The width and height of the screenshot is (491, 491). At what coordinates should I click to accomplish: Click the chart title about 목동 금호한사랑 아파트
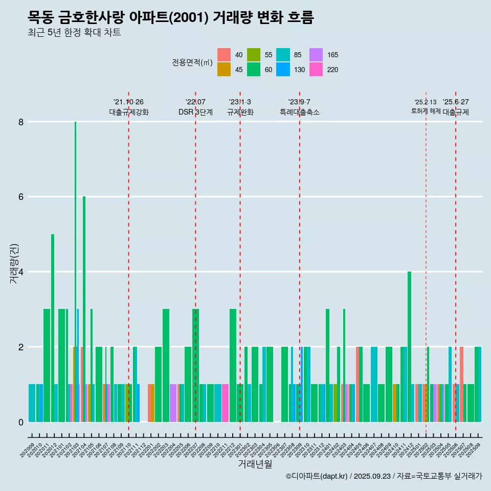click(x=170, y=18)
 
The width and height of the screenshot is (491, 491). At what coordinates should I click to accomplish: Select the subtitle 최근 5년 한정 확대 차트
click(x=75, y=33)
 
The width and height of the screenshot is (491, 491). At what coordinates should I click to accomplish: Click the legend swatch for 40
click(x=224, y=55)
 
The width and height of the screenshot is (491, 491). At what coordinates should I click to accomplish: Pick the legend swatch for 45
click(x=224, y=70)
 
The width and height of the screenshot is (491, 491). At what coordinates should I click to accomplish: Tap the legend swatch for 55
click(x=254, y=55)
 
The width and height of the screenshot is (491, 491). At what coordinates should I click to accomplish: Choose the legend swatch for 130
click(x=283, y=70)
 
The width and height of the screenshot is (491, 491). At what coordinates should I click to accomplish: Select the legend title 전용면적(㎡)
click(x=192, y=62)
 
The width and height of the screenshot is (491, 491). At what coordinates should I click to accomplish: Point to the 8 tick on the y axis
click(x=21, y=122)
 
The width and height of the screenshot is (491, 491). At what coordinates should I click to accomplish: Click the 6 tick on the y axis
click(x=21, y=197)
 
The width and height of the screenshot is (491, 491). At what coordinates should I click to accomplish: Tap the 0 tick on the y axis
click(x=21, y=422)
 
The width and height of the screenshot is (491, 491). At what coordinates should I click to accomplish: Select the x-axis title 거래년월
click(x=255, y=464)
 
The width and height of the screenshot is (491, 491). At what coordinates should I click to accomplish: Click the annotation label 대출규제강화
click(x=129, y=112)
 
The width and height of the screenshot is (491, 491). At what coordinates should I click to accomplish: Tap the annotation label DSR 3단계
click(x=195, y=112)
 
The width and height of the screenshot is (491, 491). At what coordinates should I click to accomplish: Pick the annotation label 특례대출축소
click(x=300, y=112)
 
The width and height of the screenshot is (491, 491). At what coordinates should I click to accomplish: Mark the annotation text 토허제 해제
click(x=426, y=111)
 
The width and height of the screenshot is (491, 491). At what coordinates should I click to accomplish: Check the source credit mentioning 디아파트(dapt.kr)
click(x=384, y=476)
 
